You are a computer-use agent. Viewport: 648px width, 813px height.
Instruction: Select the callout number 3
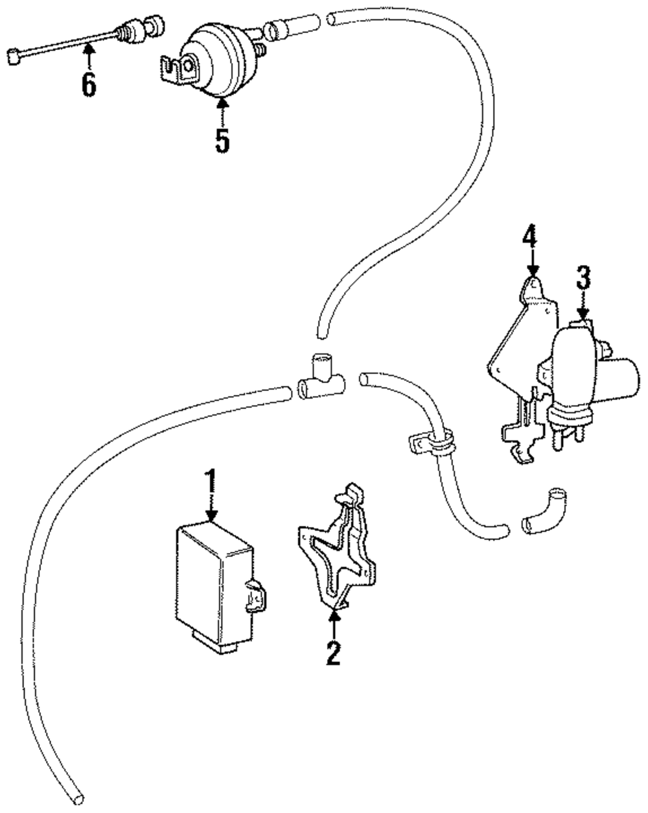583,277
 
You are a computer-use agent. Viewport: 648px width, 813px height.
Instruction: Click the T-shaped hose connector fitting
321,378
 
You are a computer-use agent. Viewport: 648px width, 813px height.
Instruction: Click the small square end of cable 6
14,58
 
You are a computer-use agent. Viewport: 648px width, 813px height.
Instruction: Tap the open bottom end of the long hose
77,797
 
